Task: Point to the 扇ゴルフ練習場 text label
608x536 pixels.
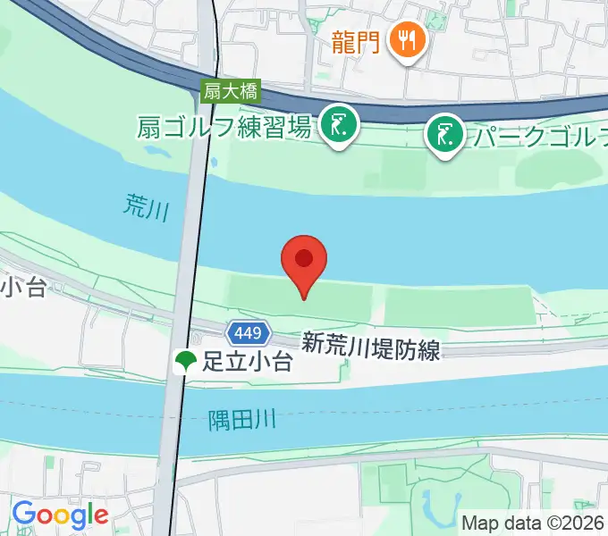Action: [224, 127]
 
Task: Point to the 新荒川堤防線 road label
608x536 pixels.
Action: [370, 347]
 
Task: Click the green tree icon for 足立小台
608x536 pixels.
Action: [186, 362]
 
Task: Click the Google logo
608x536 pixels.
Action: [59, 515]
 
